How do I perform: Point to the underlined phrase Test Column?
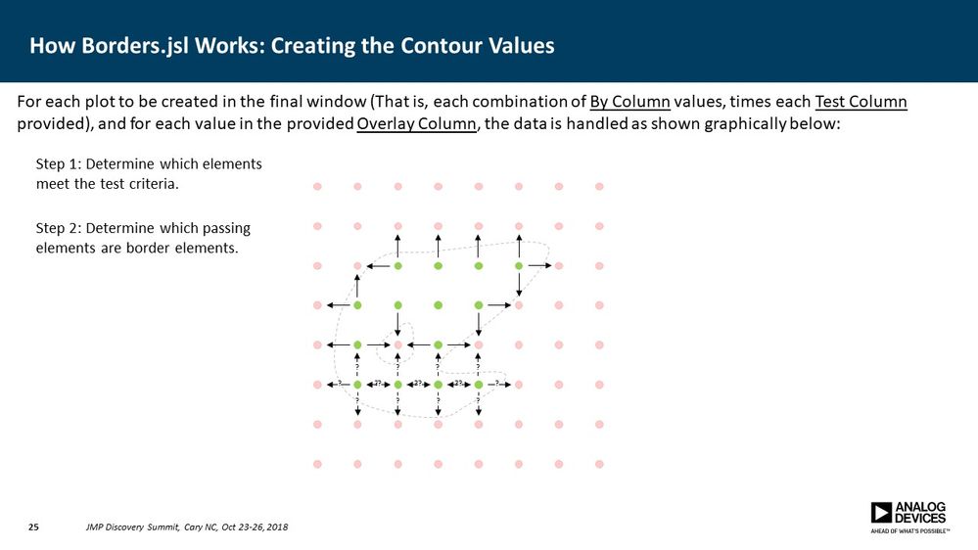[861, 103]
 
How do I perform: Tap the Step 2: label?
[58, 228]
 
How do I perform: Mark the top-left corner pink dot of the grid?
[316, 186]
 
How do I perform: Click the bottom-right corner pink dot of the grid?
[599, 464]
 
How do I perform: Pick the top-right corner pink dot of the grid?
[599, 186]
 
